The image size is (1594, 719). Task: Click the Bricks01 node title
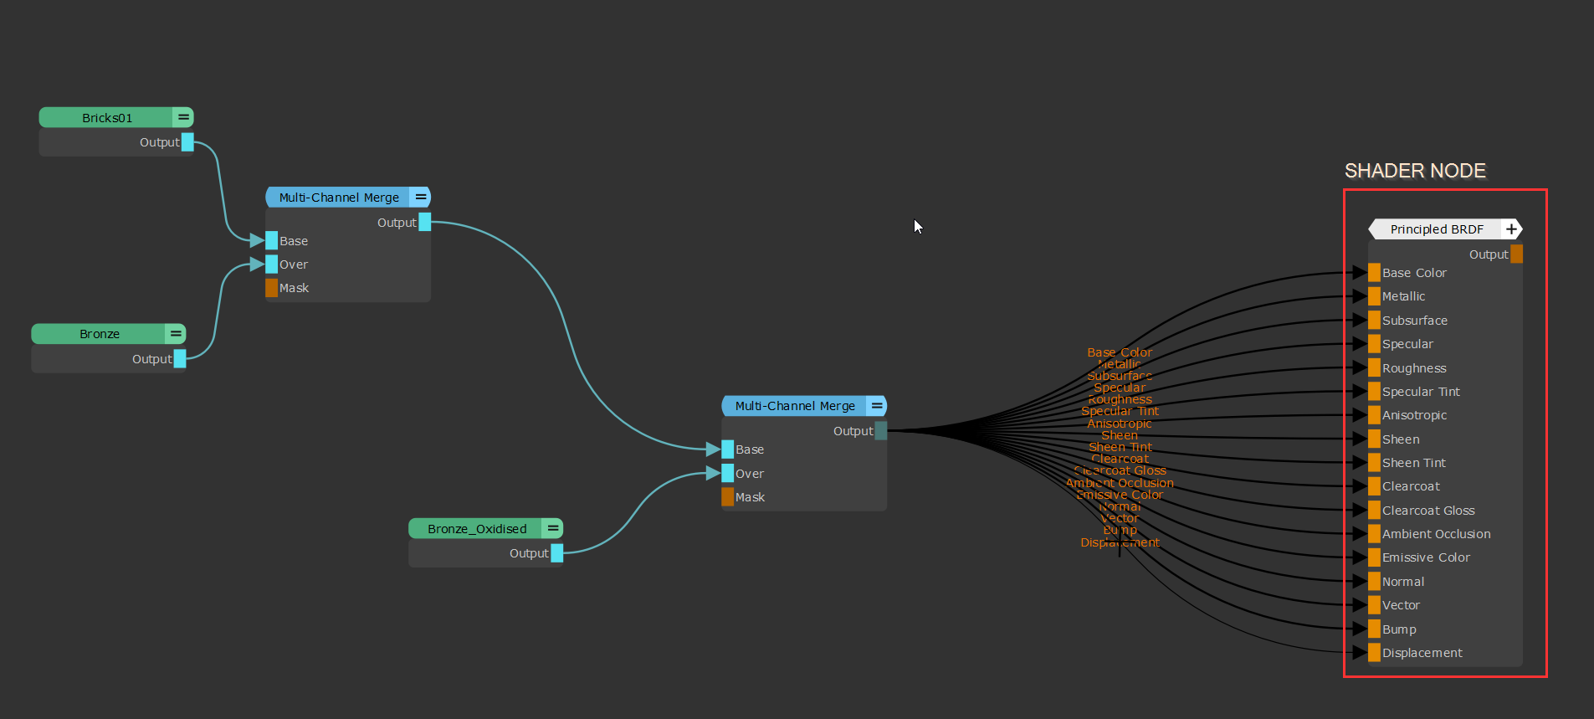[x=107, y=118]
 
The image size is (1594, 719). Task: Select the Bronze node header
[x=100, y=334]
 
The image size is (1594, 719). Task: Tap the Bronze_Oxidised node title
[x=477, y=529]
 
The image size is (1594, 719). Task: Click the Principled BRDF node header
[x=1436, y=229]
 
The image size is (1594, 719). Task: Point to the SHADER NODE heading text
[x=1415, y=171]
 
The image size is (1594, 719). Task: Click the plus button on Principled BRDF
[x=1511, y=229]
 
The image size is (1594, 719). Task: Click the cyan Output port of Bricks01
[x=187, y=142]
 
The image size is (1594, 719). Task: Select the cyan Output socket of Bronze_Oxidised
[x=557, y=553]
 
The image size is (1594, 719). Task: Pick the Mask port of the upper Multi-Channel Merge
[x=272, y=288]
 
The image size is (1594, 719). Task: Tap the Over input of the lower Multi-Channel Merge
[x=728, y=474]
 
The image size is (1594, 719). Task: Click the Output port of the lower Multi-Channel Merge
[x=880, y=431]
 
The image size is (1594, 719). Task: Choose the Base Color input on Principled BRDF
[x=1374, y=273]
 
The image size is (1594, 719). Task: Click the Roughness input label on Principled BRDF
[x=1414, y=368]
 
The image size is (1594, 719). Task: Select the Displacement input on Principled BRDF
[x=1374, y=653]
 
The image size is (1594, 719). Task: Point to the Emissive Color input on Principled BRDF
[x=1374, y=557]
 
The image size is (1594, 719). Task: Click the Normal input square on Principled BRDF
[x=1374, y=582]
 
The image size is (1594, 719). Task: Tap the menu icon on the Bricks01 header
[x=183, y=117]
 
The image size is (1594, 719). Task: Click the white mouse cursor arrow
[x=918, y=226]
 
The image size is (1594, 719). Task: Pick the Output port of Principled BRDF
[x=1516, y=254]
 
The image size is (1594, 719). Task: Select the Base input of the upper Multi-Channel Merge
[x=272, y=241]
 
